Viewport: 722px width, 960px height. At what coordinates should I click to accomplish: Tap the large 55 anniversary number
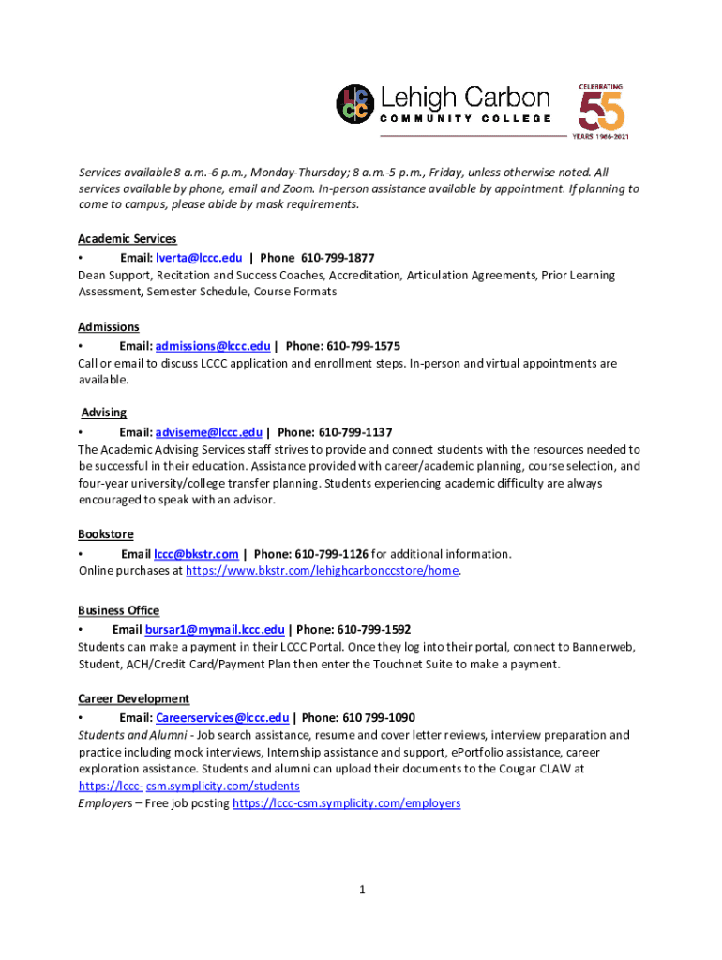(x=601, y=112)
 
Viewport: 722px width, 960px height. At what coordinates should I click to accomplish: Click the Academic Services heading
(x=127, y=239)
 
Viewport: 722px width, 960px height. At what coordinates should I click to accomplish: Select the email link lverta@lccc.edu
(x=199, y=257)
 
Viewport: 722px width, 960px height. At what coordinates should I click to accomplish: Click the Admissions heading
(x=109, y=327)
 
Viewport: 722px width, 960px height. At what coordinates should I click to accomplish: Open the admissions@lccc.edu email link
(x=213, y=345)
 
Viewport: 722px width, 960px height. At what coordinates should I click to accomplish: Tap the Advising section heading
(x=104, y=412)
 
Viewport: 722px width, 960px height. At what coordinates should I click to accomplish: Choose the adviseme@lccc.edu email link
(x=209, y=432)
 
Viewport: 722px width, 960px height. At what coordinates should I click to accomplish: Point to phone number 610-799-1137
(x=355, y=432)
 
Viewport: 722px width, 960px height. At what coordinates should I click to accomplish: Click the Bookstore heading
(x=106, y=534)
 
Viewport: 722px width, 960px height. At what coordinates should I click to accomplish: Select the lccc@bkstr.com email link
(x=196, y=554)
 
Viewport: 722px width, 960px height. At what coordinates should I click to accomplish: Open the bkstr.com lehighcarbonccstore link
(x=323, y=571)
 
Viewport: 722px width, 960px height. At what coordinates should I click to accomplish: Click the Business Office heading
(x=119, y=610)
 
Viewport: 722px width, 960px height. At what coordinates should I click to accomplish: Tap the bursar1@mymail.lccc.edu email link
(x=214, y=629)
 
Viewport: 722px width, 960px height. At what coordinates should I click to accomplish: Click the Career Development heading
(x=134, y=698)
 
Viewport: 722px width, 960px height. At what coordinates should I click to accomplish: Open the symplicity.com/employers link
(x=346, y=803)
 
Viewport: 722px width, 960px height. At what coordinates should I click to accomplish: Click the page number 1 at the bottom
(x=361, y=890)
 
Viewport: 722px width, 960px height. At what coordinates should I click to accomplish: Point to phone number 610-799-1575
(x=363, y=345)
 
